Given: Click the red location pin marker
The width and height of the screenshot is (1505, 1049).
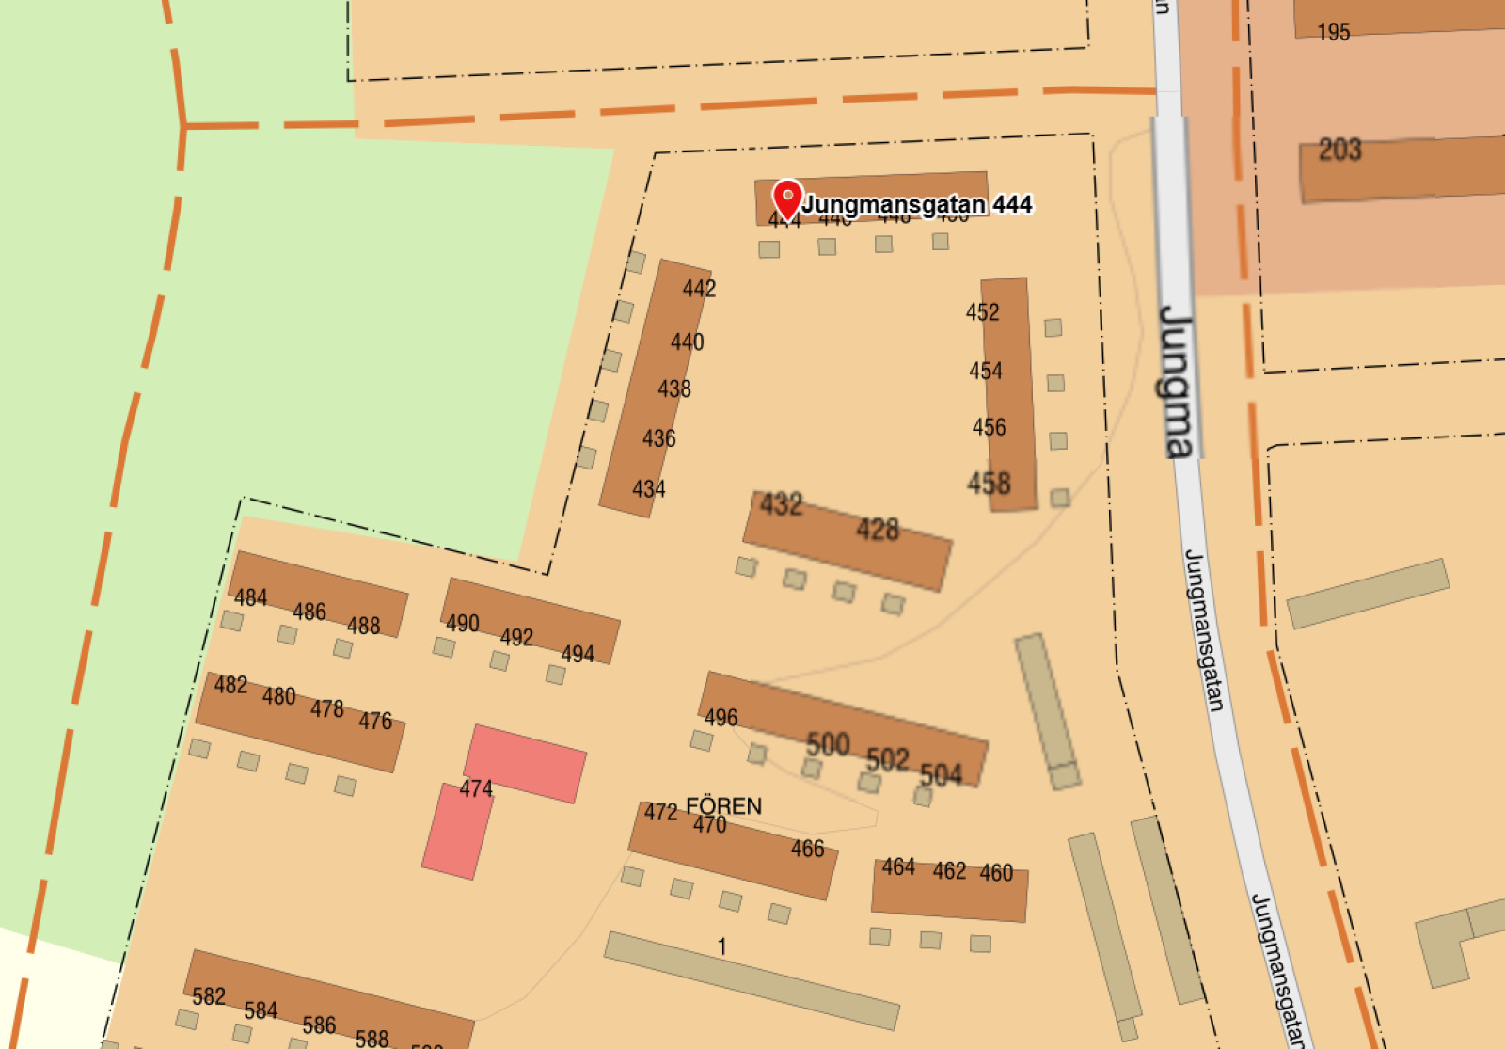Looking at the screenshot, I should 787,198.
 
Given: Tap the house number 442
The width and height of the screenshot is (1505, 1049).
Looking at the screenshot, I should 699,289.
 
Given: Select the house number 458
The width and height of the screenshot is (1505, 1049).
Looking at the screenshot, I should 989,484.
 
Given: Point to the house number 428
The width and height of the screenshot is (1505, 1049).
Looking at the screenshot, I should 878,530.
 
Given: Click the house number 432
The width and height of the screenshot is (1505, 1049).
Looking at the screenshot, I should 782,504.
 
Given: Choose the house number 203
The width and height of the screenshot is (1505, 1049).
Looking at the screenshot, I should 1339,150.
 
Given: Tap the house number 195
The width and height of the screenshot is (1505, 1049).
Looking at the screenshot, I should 1334,33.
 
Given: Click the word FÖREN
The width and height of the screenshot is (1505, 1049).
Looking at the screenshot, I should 723,806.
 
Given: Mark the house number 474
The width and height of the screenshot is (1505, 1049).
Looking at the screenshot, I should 476,788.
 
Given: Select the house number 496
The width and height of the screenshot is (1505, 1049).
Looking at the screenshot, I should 721,718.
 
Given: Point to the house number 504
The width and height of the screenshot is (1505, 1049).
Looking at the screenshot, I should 941,774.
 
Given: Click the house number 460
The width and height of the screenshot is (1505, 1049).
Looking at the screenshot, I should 996,873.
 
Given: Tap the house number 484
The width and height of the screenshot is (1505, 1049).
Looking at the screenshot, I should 251,597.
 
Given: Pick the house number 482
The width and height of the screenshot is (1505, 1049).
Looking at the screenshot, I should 230,685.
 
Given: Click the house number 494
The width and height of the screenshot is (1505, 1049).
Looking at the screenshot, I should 578,654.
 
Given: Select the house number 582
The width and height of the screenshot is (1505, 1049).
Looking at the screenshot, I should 209,996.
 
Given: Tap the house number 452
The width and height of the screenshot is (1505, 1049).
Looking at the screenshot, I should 982,312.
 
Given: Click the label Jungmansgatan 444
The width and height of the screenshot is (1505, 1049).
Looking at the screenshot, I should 917,204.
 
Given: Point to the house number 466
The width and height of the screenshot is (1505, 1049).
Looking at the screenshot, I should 807,849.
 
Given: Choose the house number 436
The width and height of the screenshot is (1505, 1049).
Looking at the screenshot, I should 658,438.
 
